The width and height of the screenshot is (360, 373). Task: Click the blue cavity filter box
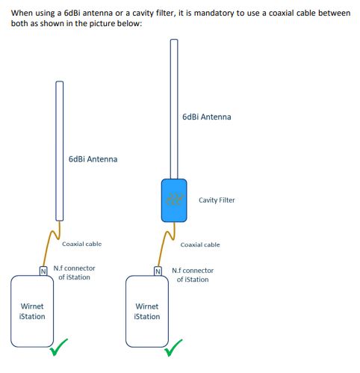pyautogui.click(x=174, y=200)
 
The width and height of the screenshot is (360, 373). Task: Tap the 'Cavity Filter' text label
pyautogui.click(x=217, y=200)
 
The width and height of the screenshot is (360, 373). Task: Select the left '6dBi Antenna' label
pyautogui.click(x=92, y=159)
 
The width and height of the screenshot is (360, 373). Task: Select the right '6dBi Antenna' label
pyautogui.click(x=206, y=117)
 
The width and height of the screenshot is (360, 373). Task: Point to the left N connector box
pyautogui.click(x=43, y=270)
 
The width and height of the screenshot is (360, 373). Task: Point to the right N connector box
pyautogui.click(x=158, y=271)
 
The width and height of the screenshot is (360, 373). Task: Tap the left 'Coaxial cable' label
pyautogui.click(x=81, y=244)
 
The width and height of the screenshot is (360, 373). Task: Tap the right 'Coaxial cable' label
pyautogui.click(x=200, y=244)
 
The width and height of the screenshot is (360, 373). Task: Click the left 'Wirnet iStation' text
pyautogui.click(x=32, y=311)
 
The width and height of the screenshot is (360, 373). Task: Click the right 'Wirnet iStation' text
pyautogui.click(x=147, y=312)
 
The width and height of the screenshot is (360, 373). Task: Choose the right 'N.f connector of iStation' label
pyautogui.click(x=192, y=274)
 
